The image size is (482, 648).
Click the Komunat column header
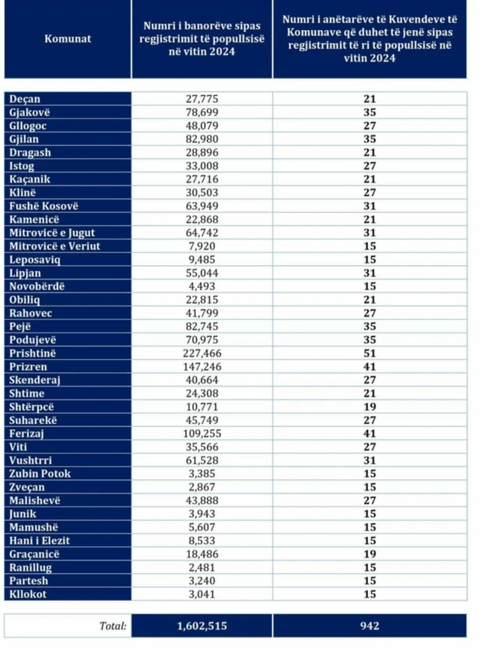point(68,39)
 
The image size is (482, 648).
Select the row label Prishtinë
point(33,353)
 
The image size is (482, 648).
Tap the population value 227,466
point(202,353)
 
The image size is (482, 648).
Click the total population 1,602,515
point(202,626)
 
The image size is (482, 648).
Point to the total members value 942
point(370,626)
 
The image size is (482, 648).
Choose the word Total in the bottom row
point(112,626)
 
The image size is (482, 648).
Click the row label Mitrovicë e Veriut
point(54,246)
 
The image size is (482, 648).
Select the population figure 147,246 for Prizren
point(202,367)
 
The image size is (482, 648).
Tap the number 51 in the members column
point(370,353)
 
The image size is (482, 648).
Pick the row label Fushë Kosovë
point(44,206)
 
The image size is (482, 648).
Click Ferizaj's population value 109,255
point(202,433)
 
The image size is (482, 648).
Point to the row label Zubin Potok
point(40,474)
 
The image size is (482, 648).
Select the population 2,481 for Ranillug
point(202,568)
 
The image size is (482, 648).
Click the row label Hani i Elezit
point(39,541)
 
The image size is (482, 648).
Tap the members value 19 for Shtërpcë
point(370,407)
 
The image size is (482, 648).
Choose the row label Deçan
point(25,99)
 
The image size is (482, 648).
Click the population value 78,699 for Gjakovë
point(202,112)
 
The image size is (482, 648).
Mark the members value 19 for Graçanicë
point(370,554)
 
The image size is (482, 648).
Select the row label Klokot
point(28,594)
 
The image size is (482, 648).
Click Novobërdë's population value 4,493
point(202,286)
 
